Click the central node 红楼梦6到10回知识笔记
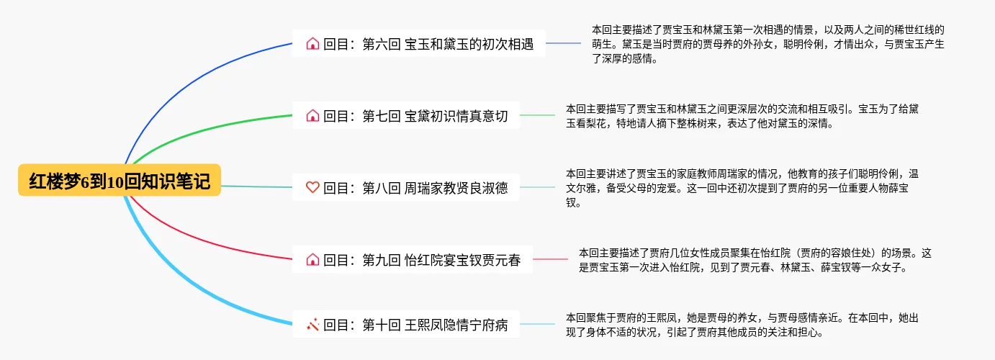(120, 181)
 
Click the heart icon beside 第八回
(312, 188)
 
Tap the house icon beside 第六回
(312, 44)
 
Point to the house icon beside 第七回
(312, 116)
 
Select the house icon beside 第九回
(312, 260)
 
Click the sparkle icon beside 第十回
(312, 325)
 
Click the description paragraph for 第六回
(767, 44)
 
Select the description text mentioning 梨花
(742, 116)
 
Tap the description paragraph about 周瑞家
(742, 188)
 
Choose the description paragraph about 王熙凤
(742, 325)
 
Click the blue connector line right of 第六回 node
(563, 43)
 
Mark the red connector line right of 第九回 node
(550, 259)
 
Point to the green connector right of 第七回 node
(537, 115)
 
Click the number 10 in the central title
(115, 181)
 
